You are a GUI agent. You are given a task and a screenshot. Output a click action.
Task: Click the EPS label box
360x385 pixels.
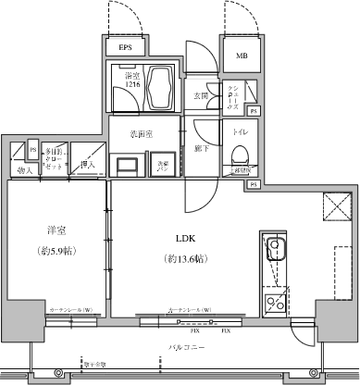coord(124,48)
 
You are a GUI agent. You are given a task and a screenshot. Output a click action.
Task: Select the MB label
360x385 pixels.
coord(242,56)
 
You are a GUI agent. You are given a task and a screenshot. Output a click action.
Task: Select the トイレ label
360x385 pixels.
coord(240,131)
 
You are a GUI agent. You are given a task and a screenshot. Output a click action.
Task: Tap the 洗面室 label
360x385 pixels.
coord(142,135)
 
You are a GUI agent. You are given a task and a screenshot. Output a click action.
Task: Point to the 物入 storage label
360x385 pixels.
coord(24,170)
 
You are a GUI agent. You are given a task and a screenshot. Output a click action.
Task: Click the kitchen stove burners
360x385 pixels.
coord(275,300)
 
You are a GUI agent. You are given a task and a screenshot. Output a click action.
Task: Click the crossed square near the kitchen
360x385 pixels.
coord(336,205)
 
